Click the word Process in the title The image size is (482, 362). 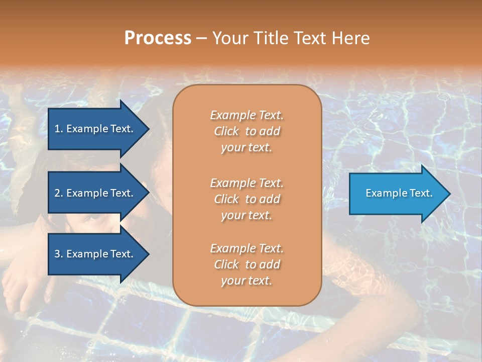coord(158,38)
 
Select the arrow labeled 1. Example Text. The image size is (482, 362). coord(95,129)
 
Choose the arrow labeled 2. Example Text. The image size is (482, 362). coord(95,193)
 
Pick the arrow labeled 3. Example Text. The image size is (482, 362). coord(95,254)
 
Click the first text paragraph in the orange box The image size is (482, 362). coord(247,131)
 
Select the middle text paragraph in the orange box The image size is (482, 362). coord(247,199)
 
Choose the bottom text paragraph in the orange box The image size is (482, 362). coord(247,264)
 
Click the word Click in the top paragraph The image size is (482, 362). coord(226,131)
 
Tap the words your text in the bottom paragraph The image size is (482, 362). coord(247,281)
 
